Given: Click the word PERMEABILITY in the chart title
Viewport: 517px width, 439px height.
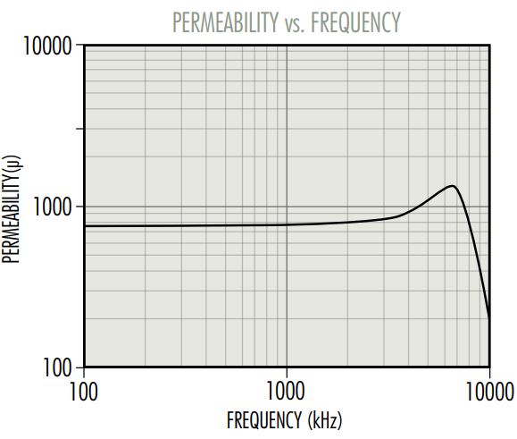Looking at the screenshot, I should (221, 21).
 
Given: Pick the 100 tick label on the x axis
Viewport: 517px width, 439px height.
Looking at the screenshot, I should (83, 391).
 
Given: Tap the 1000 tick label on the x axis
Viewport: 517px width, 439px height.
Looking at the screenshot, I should (286, 391).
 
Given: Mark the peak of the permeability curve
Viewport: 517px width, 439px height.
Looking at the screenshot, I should (453, 186).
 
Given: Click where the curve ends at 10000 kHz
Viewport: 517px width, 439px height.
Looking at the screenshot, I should (488, 317).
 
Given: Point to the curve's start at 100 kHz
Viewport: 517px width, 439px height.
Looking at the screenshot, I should (84, 226).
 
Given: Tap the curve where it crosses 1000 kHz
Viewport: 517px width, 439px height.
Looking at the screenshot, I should (286, 224).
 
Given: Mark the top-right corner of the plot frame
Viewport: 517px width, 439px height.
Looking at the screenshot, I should (488, 45).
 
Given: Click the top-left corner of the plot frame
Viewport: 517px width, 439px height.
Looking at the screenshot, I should (84, 45).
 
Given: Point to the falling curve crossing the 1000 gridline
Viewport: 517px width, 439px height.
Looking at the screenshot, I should (467, 207).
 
